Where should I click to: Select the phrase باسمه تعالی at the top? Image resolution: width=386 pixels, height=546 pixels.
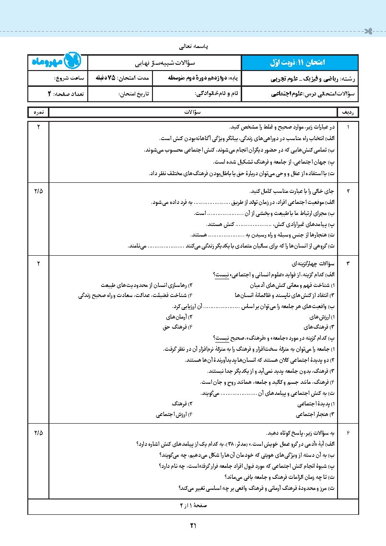[193, 47]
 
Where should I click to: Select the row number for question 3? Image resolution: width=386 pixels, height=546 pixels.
[349, 263]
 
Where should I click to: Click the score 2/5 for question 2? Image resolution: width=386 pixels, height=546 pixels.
[38, 191]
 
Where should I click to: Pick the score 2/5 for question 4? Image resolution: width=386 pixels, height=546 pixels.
[38, 433]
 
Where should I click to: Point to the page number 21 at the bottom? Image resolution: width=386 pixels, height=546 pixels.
[193, 525]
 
